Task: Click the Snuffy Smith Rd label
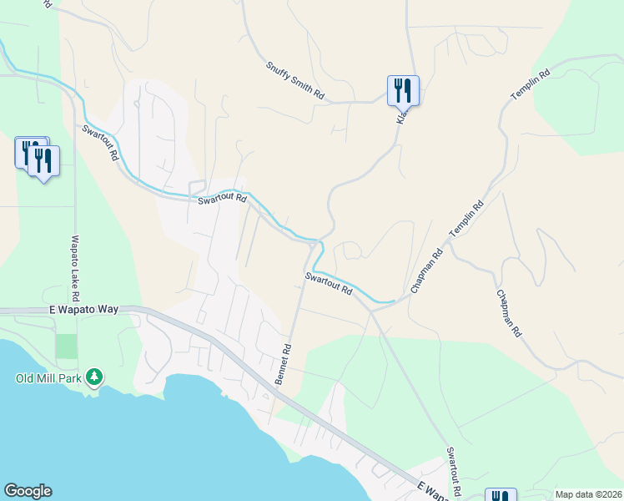click(295, 81)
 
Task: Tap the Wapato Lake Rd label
click(75, 267)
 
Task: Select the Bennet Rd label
click(284, 364)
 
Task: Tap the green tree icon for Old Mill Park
click(95, 377)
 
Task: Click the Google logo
click(28, 491)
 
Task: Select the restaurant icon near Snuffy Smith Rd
click(403, 89)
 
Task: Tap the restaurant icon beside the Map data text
click(501, 496)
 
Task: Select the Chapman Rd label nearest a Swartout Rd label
click(425, 274)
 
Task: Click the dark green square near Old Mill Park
click(66, 346)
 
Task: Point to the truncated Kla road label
click(401, 118)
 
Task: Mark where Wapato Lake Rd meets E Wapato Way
click(76, 310)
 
